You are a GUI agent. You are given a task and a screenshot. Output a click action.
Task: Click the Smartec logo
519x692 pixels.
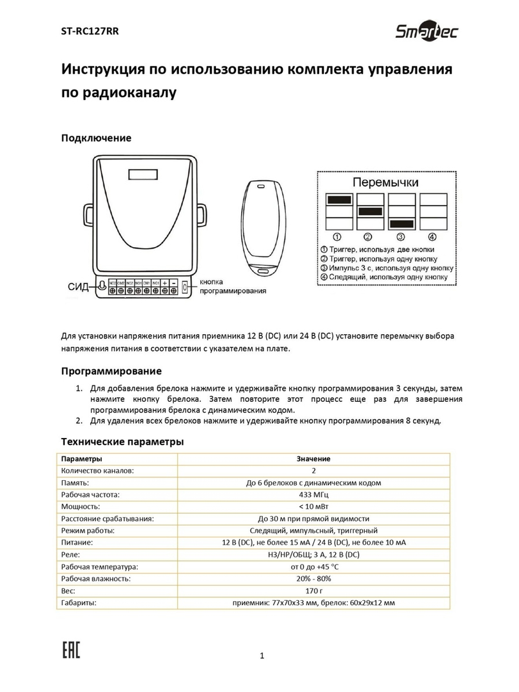click(x=427, y=32)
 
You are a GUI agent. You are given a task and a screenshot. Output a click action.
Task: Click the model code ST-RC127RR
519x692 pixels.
click(x=90, y=31)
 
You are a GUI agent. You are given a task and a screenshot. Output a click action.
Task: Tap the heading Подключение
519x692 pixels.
click(x=96, y=138)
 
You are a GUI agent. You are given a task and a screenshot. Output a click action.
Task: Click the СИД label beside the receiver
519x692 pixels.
click(x=78, y=287)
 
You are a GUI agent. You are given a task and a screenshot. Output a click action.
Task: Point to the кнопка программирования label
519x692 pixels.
click(x=232, y=287)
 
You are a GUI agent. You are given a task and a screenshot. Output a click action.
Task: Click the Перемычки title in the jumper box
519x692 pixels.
click(x=385, y=183)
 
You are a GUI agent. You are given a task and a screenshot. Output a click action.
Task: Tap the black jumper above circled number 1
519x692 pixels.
click(x=339, y=200)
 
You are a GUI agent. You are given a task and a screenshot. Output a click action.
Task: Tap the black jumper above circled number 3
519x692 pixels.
click(x=402, y=224)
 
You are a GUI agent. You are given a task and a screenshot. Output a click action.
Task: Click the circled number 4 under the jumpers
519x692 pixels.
click(x=432, y=237)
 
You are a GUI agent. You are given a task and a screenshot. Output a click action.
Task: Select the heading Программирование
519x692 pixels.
click(x=111, y=371)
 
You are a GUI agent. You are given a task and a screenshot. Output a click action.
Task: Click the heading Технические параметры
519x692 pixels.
click(x=122, y=442)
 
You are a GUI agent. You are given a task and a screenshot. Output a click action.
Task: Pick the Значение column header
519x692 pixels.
click(x=313, y=459)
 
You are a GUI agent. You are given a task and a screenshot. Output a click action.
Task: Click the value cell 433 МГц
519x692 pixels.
click(x=313, y=495)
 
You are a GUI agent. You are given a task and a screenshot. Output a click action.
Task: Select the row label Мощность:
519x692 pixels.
click(x=80, y=507)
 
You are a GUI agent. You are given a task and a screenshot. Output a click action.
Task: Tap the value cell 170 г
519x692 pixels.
click(x=313, y=591)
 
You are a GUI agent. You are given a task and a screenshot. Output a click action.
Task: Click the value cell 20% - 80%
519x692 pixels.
click(x=313, y=579)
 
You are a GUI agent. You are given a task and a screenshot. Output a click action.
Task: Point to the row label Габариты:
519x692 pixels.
click(x=79, y=603)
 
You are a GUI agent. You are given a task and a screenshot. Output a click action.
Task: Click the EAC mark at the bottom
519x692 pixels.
click(x=71, y=649)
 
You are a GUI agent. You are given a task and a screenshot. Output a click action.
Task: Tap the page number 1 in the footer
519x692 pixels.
click(x=262, y=656)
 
